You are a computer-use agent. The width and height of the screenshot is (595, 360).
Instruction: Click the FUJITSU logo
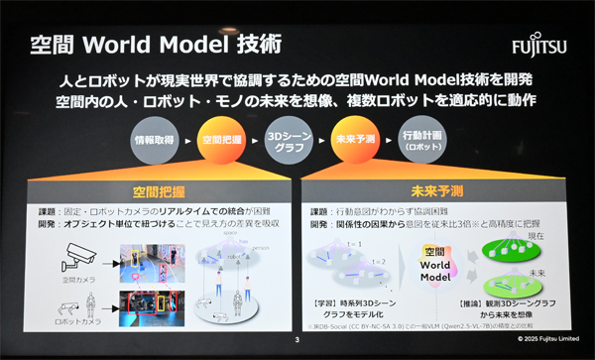[539, 46]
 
